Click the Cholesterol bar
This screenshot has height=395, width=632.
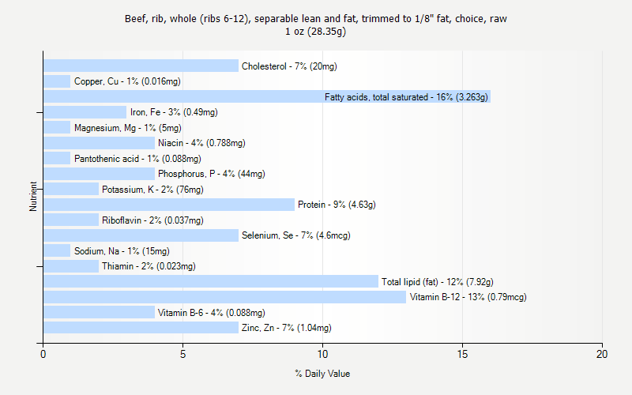point(141,66)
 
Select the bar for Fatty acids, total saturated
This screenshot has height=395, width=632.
point(182,96)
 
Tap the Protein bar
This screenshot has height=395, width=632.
point(168,205)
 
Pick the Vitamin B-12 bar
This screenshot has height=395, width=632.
point(224,297)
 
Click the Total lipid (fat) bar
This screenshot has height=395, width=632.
point(210,281)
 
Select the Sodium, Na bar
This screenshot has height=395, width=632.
point(57,250)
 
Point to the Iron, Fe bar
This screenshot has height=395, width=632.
point(85,112)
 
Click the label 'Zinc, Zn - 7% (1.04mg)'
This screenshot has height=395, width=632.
point(286,328)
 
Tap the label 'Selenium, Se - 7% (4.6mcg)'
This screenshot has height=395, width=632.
point(295,235)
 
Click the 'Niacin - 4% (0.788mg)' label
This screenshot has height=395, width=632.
point(201,143)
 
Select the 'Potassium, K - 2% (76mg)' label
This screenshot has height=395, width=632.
point(152,190)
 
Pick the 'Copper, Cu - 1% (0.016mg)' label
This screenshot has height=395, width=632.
point(127,81)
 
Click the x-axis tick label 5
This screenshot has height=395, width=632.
point(182,354)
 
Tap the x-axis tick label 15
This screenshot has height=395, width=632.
point(462,354)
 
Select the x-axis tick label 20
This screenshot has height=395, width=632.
point(602,354)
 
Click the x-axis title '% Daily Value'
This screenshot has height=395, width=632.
point(322,374)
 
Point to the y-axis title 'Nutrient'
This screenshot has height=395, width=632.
point(34,196)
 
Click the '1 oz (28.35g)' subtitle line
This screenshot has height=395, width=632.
point(316,32)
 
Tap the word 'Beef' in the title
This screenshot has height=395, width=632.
point(135,18)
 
